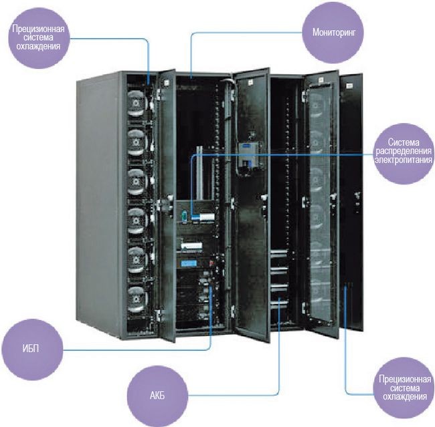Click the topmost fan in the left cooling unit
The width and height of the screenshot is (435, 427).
coord(137,106)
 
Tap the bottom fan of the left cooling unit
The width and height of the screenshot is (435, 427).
coord(137,295)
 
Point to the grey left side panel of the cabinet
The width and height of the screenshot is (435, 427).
coord(100,200)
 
